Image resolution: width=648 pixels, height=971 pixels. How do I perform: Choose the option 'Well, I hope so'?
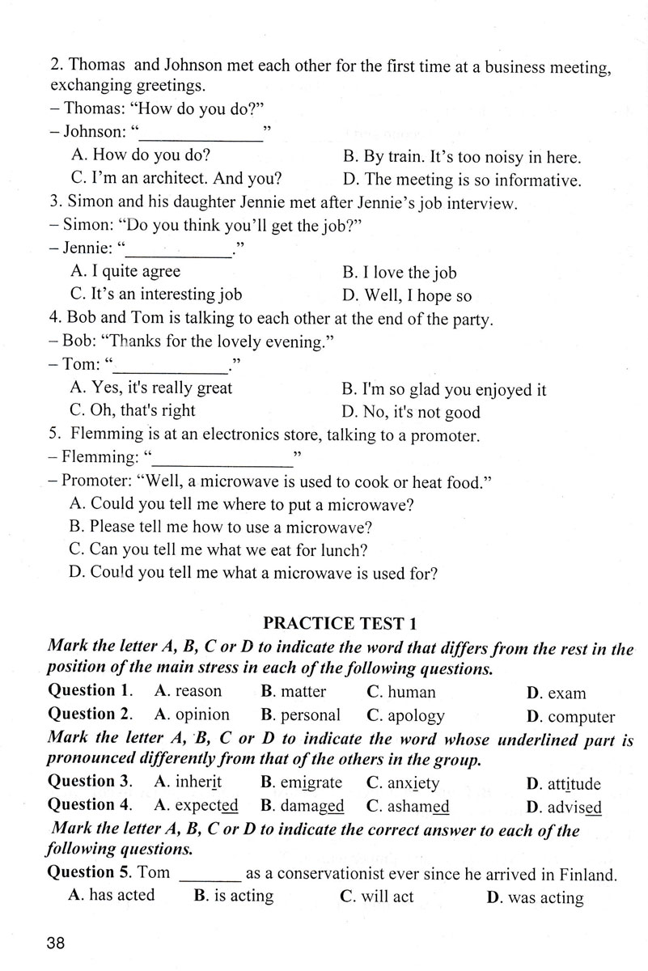click(x=417, y=296)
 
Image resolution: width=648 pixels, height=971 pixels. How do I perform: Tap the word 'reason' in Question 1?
click(x=198, y=692)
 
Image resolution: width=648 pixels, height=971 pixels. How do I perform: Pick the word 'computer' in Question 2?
click(x=581, y=717)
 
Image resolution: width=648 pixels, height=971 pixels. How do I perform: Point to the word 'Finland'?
click(x=584, y=874)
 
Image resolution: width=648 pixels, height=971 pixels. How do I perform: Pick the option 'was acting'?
click(x=545, y=897)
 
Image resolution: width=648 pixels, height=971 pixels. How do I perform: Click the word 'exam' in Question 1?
click(x=566, y=693)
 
